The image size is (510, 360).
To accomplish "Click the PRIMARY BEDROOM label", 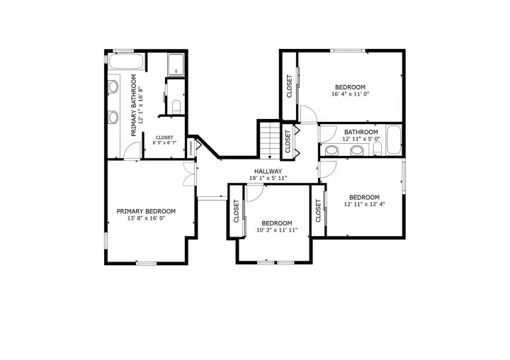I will (146, 210).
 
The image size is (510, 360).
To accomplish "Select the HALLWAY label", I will (268, 171).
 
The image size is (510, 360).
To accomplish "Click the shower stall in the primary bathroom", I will (176, 64).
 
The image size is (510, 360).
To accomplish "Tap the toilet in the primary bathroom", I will (176, 106).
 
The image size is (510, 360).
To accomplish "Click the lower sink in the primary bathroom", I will (113, 117).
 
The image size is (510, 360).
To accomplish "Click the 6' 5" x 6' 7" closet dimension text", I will (164, 142).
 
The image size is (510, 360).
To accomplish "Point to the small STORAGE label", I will (191, 147).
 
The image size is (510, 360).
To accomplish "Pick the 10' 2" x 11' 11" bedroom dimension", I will (276, 230).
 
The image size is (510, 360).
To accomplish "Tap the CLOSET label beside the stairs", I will (288, 142).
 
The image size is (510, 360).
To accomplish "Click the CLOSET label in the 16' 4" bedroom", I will (289, 86).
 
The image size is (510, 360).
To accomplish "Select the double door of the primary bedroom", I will (189, 174).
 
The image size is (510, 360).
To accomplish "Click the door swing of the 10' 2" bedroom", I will (254, 192).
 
